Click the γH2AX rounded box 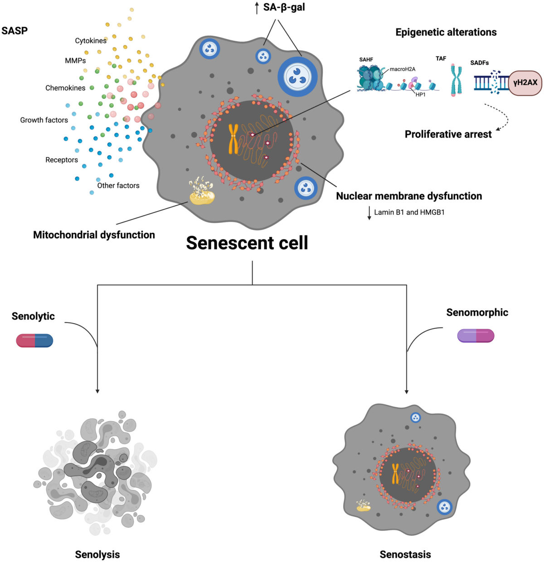point(525,82)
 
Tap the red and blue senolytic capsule point(34,340)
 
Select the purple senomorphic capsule point(476,336)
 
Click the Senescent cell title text point(247,243)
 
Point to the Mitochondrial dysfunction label point(94,235)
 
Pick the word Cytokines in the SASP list point(91,41)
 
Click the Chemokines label point(65,88)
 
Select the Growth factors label point(44,120)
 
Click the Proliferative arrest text point(448,134)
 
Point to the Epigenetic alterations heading point(446,32)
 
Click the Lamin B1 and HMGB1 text point(409,212)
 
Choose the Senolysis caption point(97,554)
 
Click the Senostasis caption point(405,554)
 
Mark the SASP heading point(15,31)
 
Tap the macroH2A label point(403,69)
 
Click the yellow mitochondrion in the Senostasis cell point(364,506)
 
